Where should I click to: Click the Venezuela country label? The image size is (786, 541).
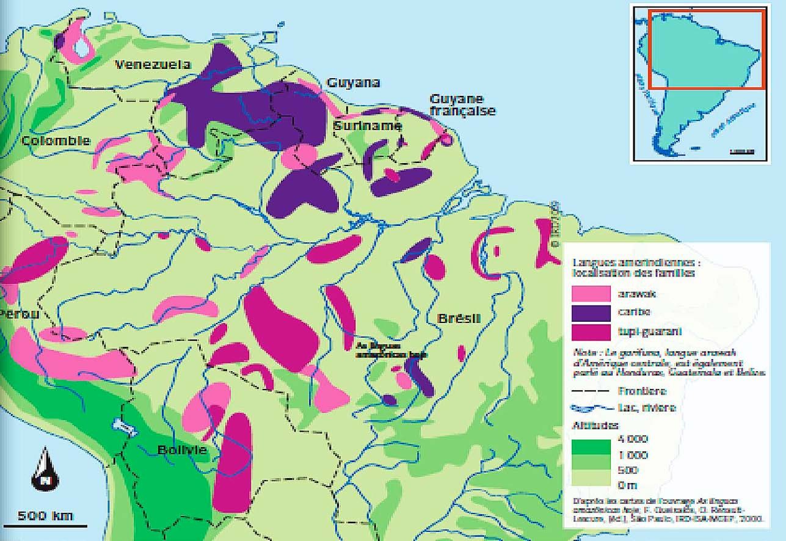(153, 65)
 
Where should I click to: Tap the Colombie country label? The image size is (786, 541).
(56, 141)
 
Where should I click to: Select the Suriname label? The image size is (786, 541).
(367, 126)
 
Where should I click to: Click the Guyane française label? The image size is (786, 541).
(462, 105)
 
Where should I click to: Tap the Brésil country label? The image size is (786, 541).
(459, 319)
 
